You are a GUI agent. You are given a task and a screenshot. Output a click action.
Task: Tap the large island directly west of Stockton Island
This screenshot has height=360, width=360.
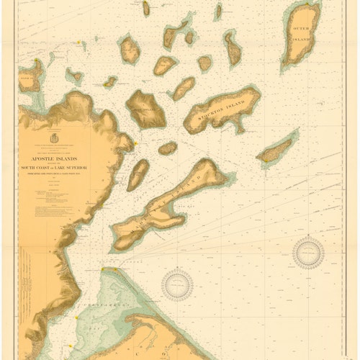(146, 109)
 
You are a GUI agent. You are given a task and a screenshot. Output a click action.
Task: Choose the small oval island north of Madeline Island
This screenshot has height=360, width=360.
(167, 148)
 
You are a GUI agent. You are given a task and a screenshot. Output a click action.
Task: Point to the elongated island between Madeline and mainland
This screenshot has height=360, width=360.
(138, 174)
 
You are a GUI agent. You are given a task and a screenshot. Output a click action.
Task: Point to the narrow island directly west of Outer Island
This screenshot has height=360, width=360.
(232, 48)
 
